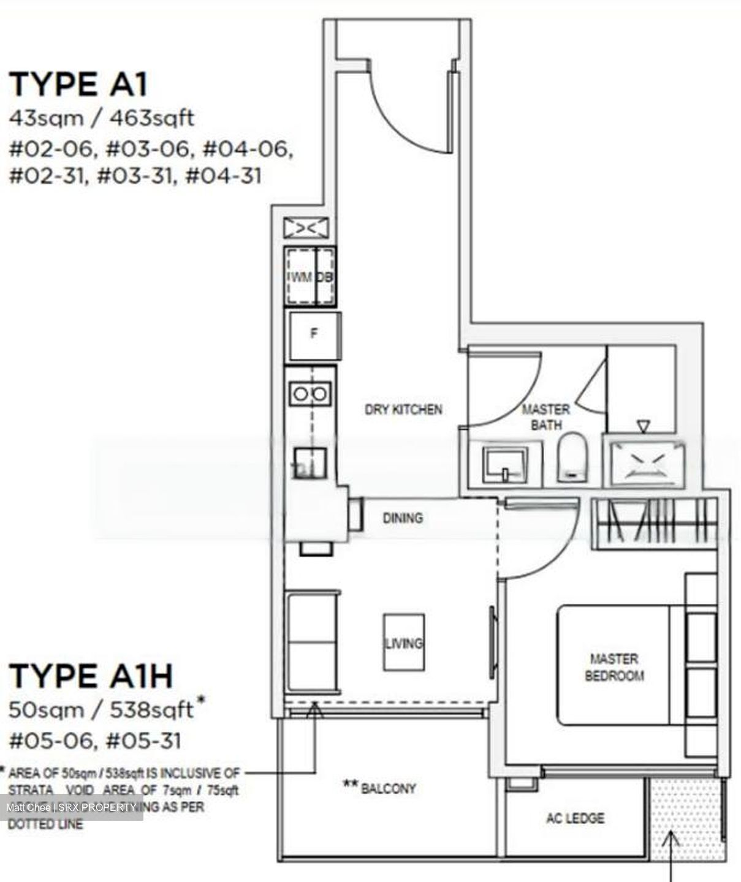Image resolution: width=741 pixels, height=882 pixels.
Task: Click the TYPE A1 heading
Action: pyautogui.click(x=78, y=85)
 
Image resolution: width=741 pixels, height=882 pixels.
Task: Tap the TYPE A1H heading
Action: pyautogui.click(x=91, y=676)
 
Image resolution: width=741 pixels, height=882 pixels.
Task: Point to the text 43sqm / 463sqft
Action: pyautogui.click(x=101, y=117)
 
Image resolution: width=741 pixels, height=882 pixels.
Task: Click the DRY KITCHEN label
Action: pyautogui.click(x=403, y=409)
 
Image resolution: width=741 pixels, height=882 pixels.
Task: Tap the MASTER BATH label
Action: pyautogui.click(x=545, y=417)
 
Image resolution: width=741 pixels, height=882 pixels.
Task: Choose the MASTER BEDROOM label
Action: pyautogui.click(x=614, y=667)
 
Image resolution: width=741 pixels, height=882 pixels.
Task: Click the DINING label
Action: pyautogui.click(x=403, y=518)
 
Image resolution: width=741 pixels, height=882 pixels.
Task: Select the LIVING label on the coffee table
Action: pyautogui.click(x=403, y=643)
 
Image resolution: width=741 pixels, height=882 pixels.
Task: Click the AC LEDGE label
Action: pyautogui.click(x=575, y=818)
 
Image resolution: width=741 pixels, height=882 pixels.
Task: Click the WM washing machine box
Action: pyautogui.click(x=300, y=277)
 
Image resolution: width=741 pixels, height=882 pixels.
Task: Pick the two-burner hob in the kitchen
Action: pyautogui.click(x=310, y=393)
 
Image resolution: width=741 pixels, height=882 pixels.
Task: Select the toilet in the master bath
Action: pyautogui.click(x=572, y=457)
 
